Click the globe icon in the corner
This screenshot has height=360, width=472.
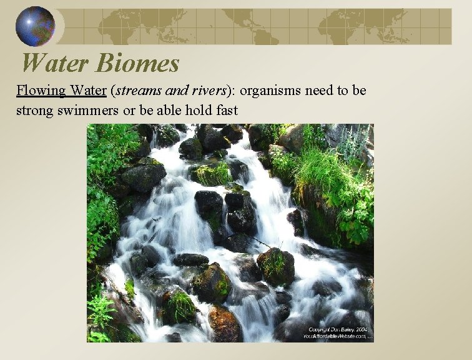pyautogui.click(x=34, y=26)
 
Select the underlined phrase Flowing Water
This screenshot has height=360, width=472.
pyautogui.click(x=61, y=91)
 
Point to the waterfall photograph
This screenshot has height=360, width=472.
pyautogui.click(x=230, y=232)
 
